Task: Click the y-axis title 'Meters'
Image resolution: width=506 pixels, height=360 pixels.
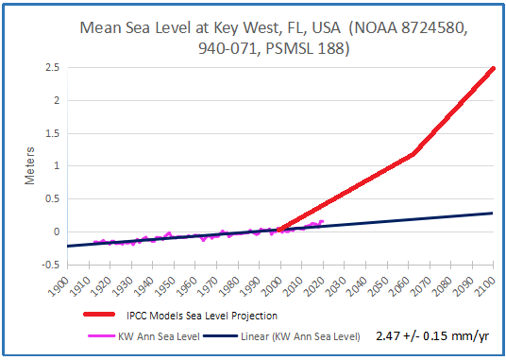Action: [29, 165]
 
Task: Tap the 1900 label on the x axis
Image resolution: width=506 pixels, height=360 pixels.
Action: [59, 283]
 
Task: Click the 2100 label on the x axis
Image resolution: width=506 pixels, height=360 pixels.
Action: [489, 283]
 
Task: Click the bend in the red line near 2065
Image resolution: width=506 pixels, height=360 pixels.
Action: [413, 154]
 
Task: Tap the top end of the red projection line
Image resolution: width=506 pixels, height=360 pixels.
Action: [493, 69]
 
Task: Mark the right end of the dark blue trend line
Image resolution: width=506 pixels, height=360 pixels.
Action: [493, 213]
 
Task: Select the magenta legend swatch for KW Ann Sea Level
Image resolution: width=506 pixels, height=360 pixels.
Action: [97, 335]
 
